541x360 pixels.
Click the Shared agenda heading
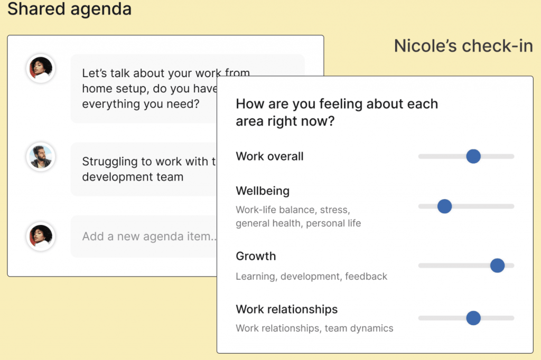[x=69, y=9]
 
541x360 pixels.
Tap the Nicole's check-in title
[x=463, y=46]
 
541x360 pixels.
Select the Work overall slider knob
[x=473, y=156]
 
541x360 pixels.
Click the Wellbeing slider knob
[x=445, y=206]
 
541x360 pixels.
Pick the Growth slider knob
[x=497, y=266]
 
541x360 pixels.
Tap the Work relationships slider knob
[x=473, y=318]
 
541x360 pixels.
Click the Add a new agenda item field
[x=144, y=236]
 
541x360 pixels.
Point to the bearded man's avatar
[x=41, y=157]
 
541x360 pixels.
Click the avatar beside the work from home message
[x=41, y=69]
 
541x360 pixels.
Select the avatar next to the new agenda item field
[x=41, y=236]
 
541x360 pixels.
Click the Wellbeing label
[x=263, y=191]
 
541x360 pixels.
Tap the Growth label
[x=256, y=256]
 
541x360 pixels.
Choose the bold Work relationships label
[x=287, y=309]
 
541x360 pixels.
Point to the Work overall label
[x=269, y=156]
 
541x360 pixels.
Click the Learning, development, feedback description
[x=312, y=277]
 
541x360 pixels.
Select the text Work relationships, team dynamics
[x=315, y=328]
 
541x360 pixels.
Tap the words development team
[x=133, y=177]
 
